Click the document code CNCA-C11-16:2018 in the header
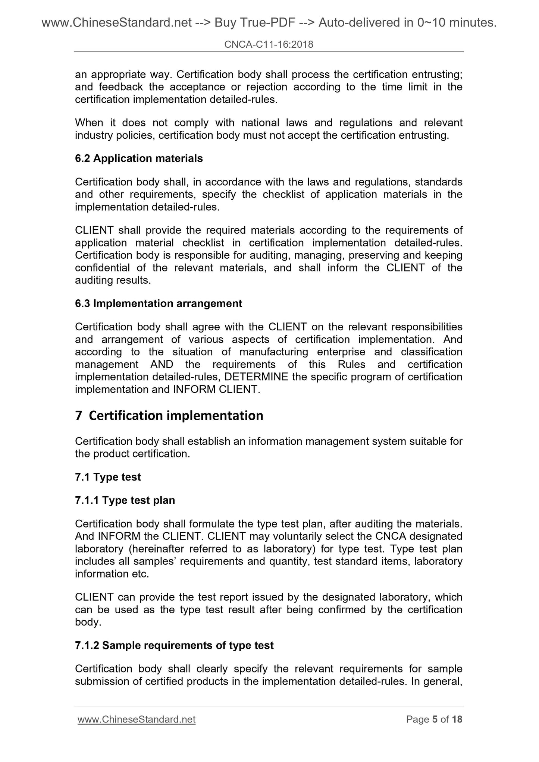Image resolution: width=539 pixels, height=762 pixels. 269,45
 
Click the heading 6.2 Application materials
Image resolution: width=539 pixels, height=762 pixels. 139,158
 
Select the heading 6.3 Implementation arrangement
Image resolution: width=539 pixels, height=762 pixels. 159,303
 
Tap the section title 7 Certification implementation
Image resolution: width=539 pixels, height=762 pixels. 169,415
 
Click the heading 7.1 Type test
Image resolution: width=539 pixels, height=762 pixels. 108,477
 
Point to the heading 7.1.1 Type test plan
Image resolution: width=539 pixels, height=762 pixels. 125,500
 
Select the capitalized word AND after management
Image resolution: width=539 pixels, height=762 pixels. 162,364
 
